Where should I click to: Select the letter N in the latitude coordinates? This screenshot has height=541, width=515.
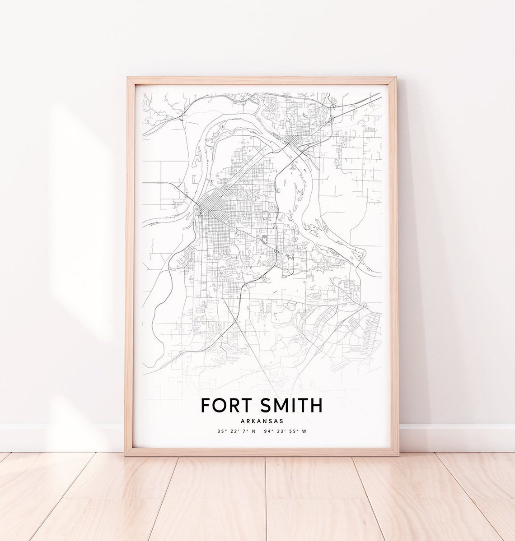(x=253, y=431)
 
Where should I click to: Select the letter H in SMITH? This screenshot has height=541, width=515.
(x=316, y=405)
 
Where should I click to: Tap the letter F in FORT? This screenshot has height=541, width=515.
(x=206, y=405)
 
